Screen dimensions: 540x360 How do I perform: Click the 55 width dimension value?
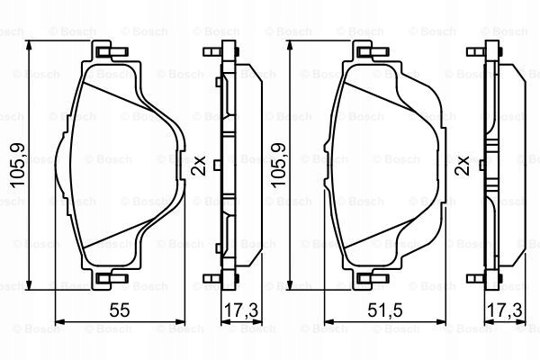(x=120, y=310)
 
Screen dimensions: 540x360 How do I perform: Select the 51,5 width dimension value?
(x=385, y=310)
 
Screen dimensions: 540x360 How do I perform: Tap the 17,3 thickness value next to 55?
(x=241, y=310)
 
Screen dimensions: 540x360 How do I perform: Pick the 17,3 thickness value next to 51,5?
(x=505, y=310)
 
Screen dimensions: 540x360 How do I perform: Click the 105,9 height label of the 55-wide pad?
(x=17, y=166)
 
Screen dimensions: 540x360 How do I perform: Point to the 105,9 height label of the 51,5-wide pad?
(x=278, y=166)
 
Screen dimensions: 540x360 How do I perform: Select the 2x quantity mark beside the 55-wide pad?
(x=200, y=166)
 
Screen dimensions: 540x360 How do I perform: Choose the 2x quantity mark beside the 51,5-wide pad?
(x=463, y=166)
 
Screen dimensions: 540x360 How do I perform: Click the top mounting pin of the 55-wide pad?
(x=112, y=52)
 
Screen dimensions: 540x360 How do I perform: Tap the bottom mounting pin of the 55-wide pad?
(x=112, y=278)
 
